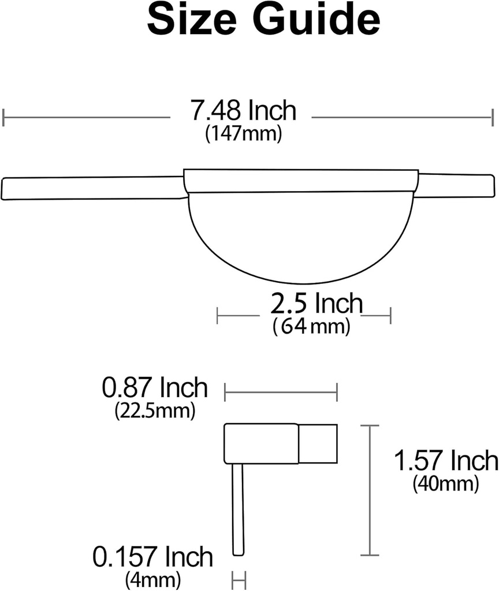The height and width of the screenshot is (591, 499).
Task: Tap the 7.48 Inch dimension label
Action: pyautogui.click(x=243, y=111)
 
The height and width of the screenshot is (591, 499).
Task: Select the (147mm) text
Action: pyautogui.click(x=243, y=134)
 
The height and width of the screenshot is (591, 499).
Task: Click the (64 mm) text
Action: pyautogui.click(x=311, y=327)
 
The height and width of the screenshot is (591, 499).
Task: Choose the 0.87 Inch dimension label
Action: pyautogui.click(x=154, y=388)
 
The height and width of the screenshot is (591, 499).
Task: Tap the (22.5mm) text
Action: pyautogui.click(x=154, y=410)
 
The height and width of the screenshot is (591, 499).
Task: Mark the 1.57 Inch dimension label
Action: pyautogui.click(x=445, y=461)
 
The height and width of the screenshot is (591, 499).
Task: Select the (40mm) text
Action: pyautogui.click(x=445, y=483)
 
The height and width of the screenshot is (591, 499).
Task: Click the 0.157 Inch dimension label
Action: pyautogui.click(x=152, y=558)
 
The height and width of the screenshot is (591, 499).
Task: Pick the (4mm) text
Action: pyautogui.click(x=152, y=578)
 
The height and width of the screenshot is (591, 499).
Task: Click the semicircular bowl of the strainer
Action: pyautogui.click(x=300, y=237)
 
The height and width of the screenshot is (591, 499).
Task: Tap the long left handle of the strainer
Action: pyautogui.click(x=92, y=188)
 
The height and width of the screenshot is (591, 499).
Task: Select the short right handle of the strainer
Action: pyautogui.click(x=455, y=185)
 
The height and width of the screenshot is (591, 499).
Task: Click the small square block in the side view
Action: pyautogui.click(x=318, y=443)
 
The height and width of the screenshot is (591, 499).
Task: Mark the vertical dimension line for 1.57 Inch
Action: pyautogui.click(x=370, y=491)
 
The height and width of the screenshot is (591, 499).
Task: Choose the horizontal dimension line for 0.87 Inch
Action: pyautogui.click(x=281, y=394)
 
